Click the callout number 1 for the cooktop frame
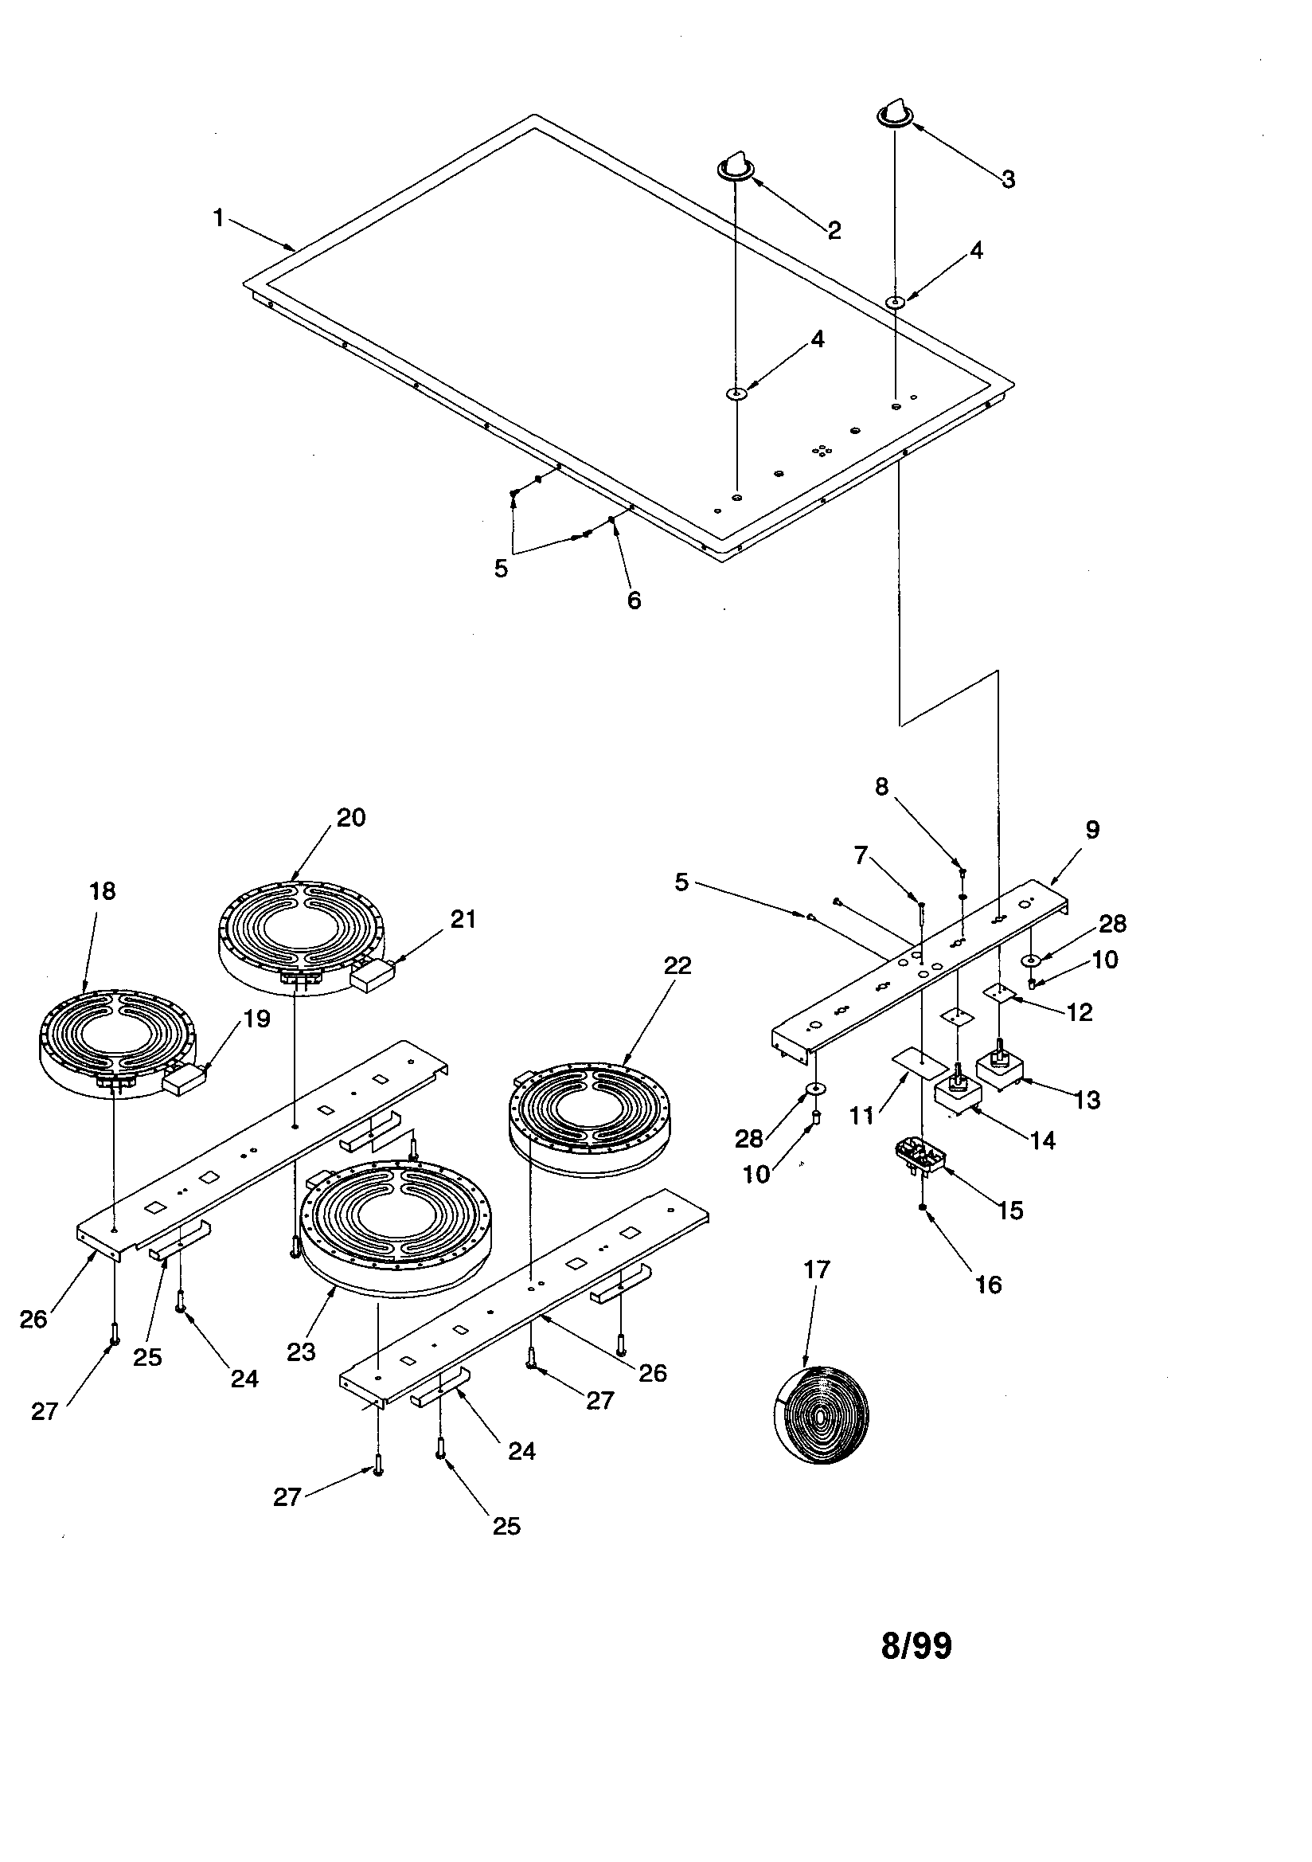(218, 218)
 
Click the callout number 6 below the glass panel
(634, 600)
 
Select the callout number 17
(817, 1269)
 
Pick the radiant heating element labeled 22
(590, 1118)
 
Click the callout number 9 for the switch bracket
(1092, 830)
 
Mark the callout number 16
(989, 1284)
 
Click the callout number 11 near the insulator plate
(862, 1116)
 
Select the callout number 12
(1080, 1011)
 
